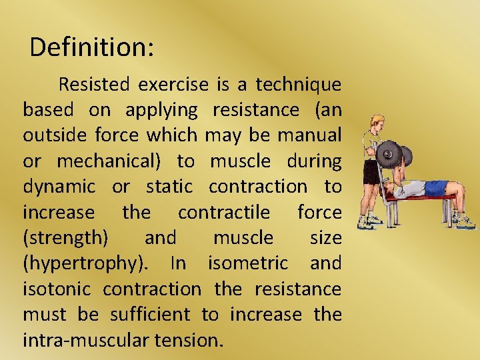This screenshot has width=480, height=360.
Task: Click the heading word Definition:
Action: (x=92, y=47)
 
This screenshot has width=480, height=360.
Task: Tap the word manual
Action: (x=309, y=135)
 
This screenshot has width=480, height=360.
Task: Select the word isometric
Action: (x=248, y=263)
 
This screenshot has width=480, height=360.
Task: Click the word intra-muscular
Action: (x=86, y=340)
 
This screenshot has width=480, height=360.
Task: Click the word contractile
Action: (x=224, y=213)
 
